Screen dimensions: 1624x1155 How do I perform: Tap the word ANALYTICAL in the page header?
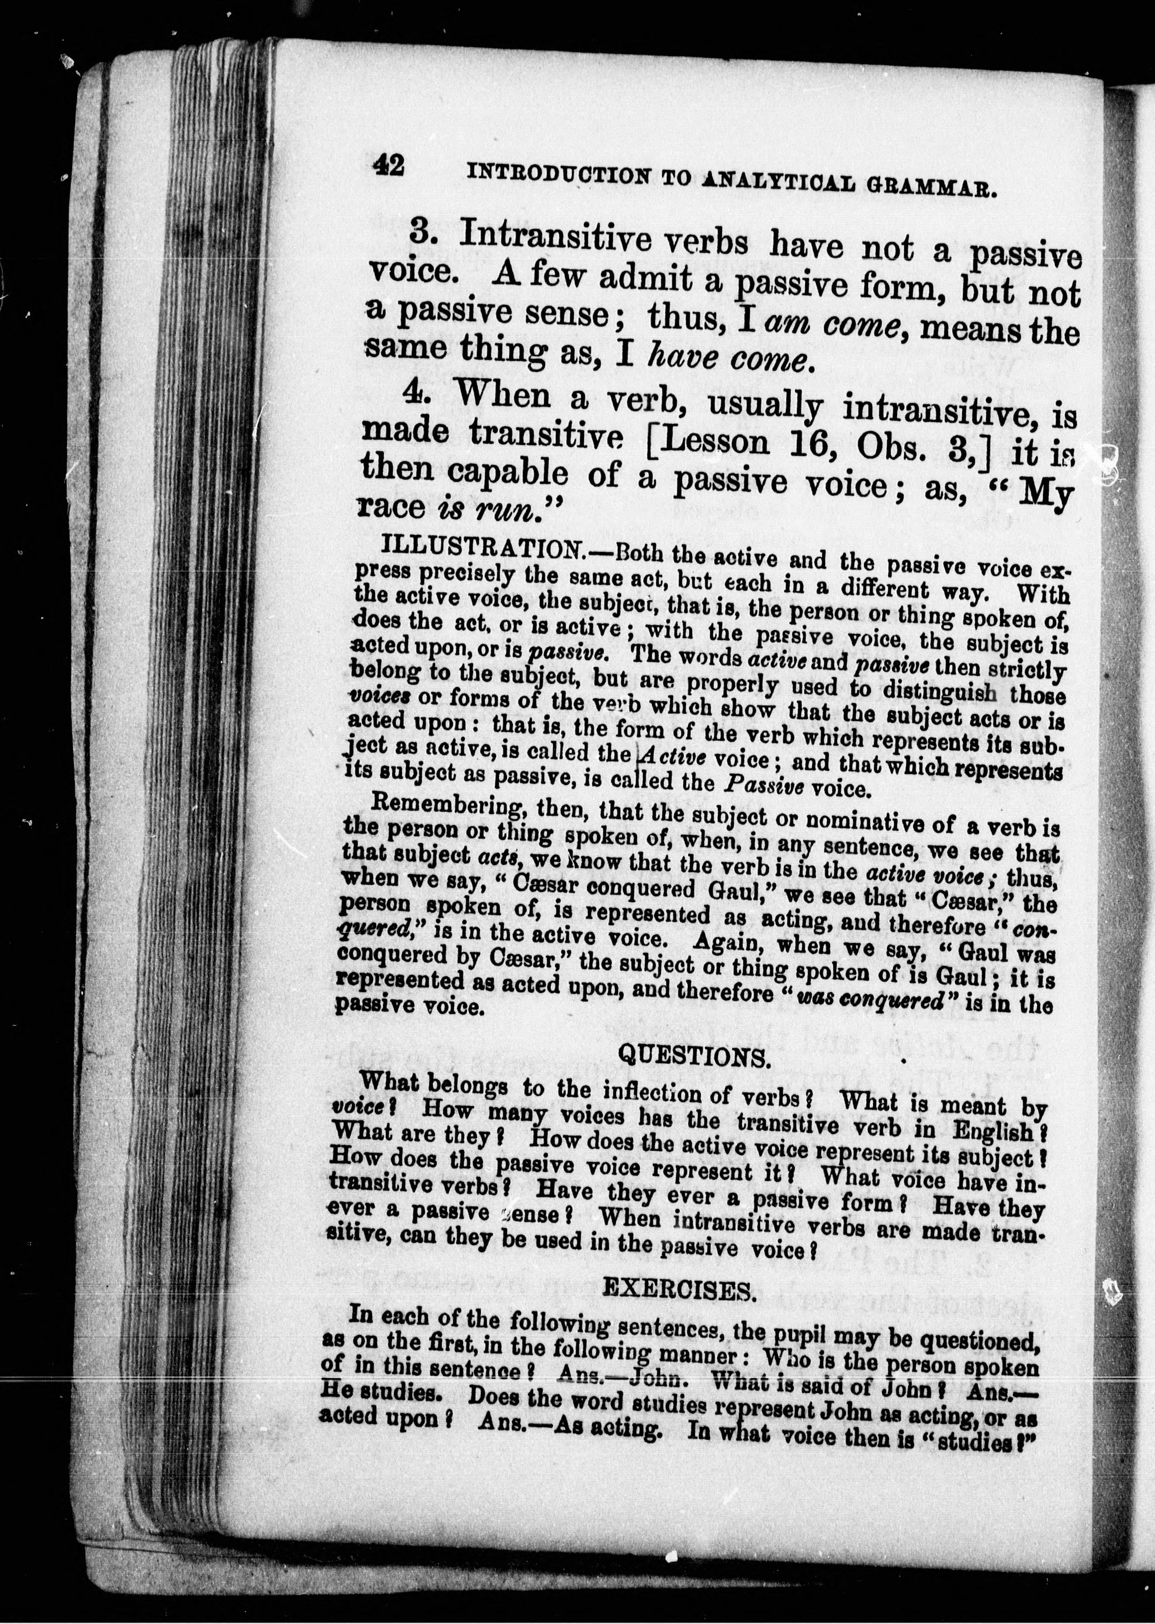[x=775, y=181]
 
